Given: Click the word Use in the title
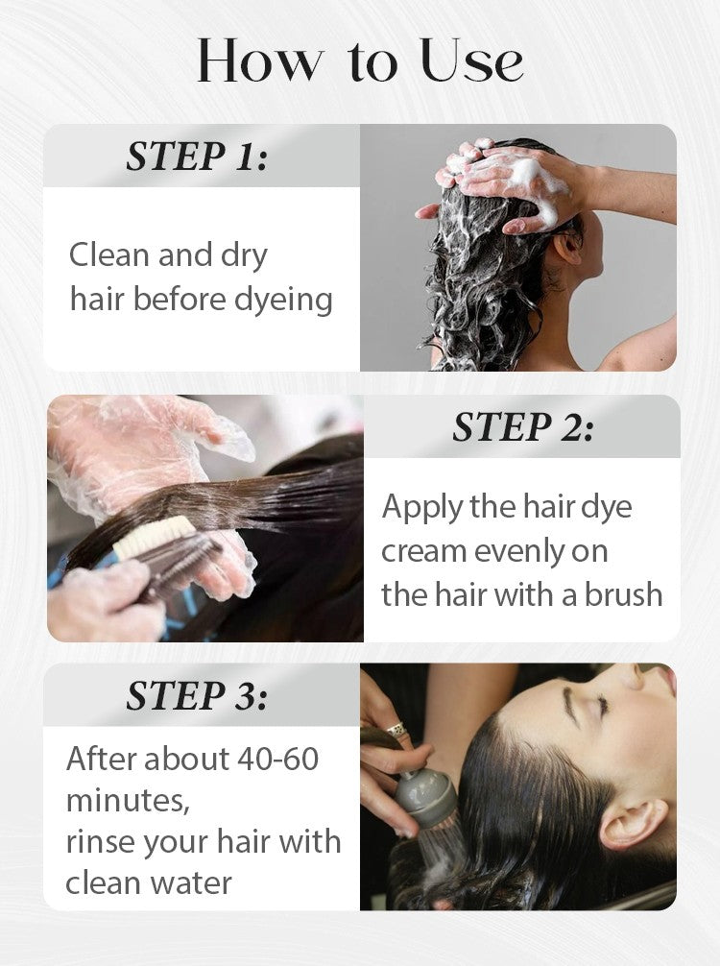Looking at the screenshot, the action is tap(472, 60).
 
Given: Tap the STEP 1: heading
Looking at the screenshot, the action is tap(197, 156).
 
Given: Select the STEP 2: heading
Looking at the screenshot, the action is tap(523, 426).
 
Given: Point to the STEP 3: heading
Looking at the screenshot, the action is tap(197, 696).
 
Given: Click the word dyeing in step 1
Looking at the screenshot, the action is tap(283, 300).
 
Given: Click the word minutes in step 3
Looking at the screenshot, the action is tap(127, 800).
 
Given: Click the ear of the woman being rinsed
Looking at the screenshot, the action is tap(632, 824).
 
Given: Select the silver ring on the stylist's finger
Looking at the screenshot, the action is tap(397, 730).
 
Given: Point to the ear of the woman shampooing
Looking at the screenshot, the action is tap(566, 247).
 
